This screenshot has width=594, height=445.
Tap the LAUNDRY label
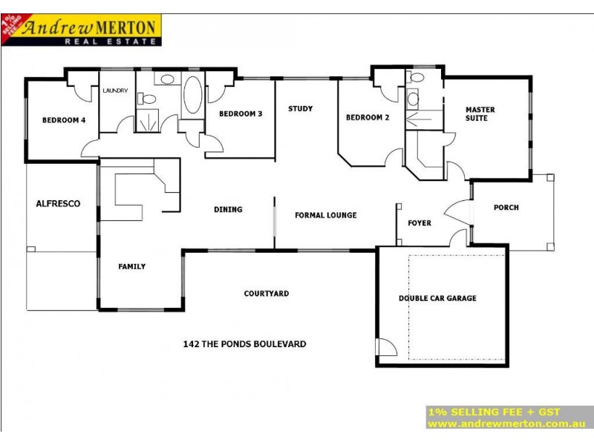tap(115, 90)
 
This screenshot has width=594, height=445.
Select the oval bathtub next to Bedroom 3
tap(192, 94)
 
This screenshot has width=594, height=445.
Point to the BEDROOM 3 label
tap(240, 114)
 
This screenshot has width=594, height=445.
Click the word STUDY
tap(300, 109)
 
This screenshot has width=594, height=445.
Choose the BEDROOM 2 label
tap(368, 117)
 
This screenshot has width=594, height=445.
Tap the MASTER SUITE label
tap(480, 114)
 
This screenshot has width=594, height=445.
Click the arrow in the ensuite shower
tap(420, 117)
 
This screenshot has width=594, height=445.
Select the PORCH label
tap(506, 208)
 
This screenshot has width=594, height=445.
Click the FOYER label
tap(420, 222)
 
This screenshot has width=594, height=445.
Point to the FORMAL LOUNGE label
tap(325, 215)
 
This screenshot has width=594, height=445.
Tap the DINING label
tap(228, 209)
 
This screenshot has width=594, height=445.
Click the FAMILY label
tap(132, 266)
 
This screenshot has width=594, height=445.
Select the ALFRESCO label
tap(57, 203)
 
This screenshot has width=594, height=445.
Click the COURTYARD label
tap(266, 294)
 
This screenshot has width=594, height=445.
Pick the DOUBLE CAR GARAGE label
tap(437, 298)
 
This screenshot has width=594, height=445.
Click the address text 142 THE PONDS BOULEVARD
tap(244, 344)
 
